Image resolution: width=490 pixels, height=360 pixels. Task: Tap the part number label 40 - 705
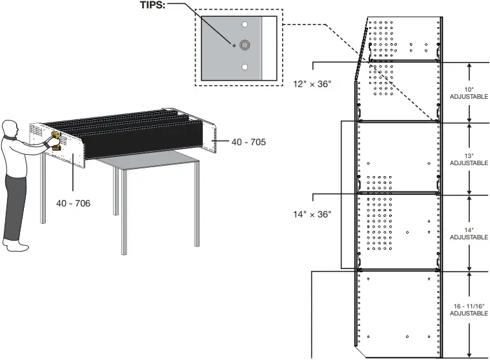249,141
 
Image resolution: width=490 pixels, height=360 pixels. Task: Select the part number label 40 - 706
73,203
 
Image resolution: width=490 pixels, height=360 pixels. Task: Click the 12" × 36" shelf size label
312,84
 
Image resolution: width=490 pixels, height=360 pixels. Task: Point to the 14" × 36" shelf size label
312,214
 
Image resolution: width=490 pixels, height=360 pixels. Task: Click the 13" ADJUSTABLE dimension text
469,159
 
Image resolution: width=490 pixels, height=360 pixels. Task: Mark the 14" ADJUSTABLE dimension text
469,233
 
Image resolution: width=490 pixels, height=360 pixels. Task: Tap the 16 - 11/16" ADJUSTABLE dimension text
469,308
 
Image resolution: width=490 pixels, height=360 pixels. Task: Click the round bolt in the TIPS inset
245,45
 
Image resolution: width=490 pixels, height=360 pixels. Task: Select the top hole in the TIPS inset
245,24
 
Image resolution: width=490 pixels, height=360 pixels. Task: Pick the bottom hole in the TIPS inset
245,66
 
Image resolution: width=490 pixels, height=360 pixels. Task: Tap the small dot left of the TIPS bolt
234,45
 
